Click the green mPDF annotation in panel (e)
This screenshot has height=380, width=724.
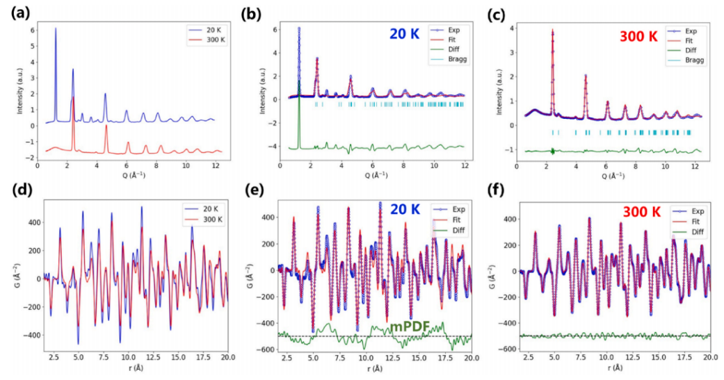410,326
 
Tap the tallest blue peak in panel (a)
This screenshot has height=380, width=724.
56,28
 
